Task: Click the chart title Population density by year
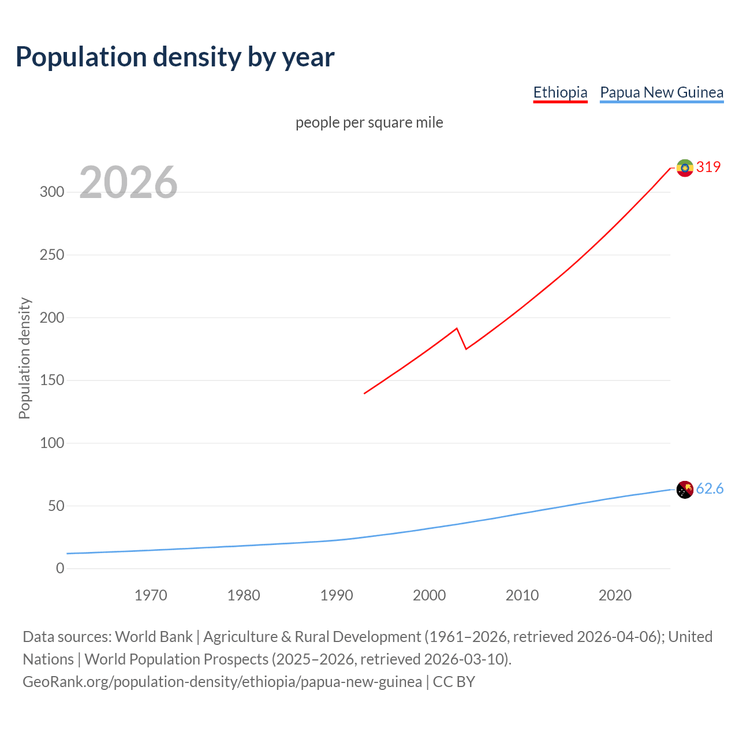tap(175, 57)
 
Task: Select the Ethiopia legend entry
tap(560, 92)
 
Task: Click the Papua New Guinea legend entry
tap(662, 92)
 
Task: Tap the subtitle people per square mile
tap(369, 122)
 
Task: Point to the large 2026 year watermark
tap(128, 182)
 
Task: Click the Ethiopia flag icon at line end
tap(685, 167)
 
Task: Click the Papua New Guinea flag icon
tap(685, 490)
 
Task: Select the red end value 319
tap(708, 167)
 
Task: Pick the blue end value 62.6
tap(710, 489)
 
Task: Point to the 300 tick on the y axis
tap(52, 192)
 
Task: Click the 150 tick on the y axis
tap(52, 380)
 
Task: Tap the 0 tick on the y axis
tap(60, 569)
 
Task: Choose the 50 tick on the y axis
tap(55, 506)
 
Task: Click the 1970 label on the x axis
tap(151, 595)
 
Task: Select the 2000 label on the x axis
tap(429, 595)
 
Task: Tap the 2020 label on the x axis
tap(615, 595)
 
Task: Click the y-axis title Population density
tap(24, 358)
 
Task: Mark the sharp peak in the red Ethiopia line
tap(457, 329)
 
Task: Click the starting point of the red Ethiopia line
tap(364, 394)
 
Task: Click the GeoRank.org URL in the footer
tap(222, 682)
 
